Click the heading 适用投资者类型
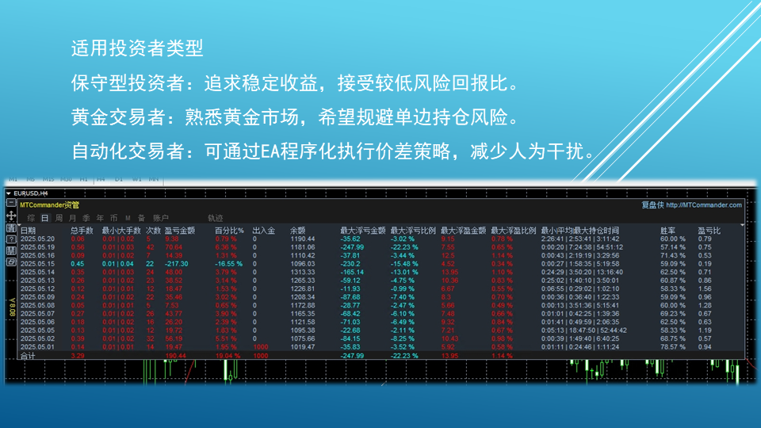(136, 49)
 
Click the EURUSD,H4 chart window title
(33, 193)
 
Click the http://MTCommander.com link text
(704, 204)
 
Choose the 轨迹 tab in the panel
(215, 217)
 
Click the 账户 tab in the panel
(161, 217)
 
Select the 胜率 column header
(668, 230)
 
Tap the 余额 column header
(298, 230)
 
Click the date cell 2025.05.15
(37, 264)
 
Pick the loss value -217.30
(178, 264)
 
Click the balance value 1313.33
(302, 272)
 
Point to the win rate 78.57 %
(673, 347)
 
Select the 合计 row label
(28, 356)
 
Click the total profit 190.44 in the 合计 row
(175, 356)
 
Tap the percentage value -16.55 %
(229, 264)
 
